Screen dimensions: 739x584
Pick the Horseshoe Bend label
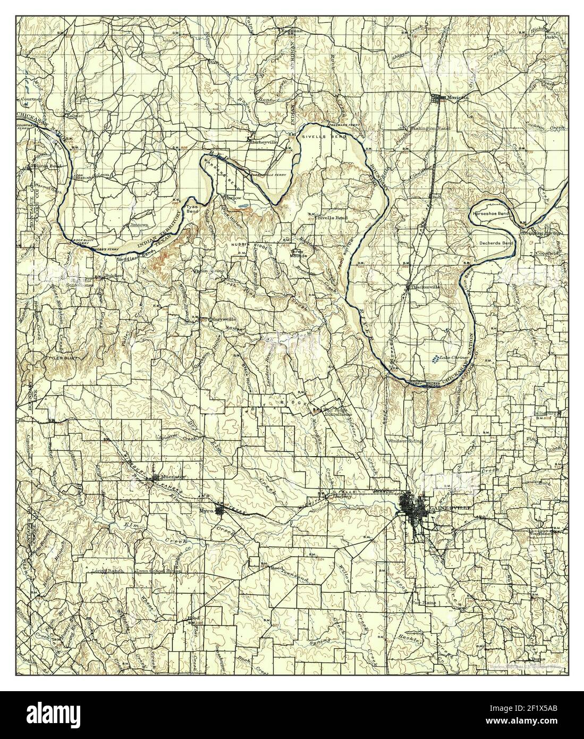click(x=490, y=213)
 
